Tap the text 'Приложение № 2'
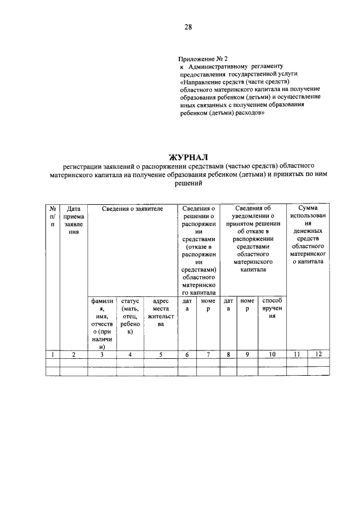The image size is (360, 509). pos(203,58)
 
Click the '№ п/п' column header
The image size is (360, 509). pos(52,216)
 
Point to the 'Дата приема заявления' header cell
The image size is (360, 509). pos(73,220)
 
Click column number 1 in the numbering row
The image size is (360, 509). pos(52,354)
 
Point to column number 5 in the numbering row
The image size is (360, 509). pos(160,354)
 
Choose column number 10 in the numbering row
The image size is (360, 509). pos(272,354)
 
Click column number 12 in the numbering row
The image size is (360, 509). pos(318,354)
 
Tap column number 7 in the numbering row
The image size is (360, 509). pos(208,354)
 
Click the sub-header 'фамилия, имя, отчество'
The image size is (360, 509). pos(102,324)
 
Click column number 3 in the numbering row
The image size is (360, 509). pos(102,354)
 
